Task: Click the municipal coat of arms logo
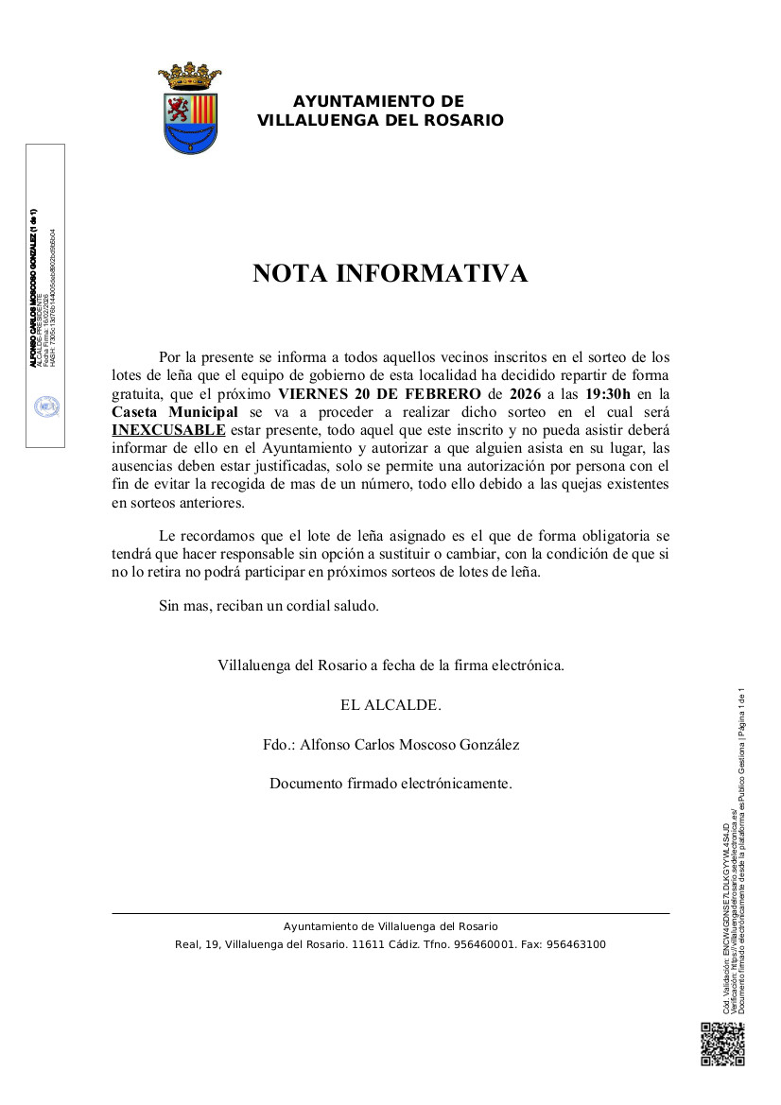190,109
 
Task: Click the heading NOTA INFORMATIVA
390,273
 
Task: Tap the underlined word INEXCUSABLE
168,430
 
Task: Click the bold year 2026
525,394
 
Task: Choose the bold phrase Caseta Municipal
175,412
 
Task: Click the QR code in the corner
722,1045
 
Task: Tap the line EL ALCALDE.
390,705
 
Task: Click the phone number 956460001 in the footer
483,944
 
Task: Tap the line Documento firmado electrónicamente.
390,784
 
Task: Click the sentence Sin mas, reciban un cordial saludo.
269,606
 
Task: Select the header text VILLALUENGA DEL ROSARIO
380,121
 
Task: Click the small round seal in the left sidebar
46,406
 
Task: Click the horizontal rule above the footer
390,913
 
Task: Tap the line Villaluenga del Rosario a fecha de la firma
390,665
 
